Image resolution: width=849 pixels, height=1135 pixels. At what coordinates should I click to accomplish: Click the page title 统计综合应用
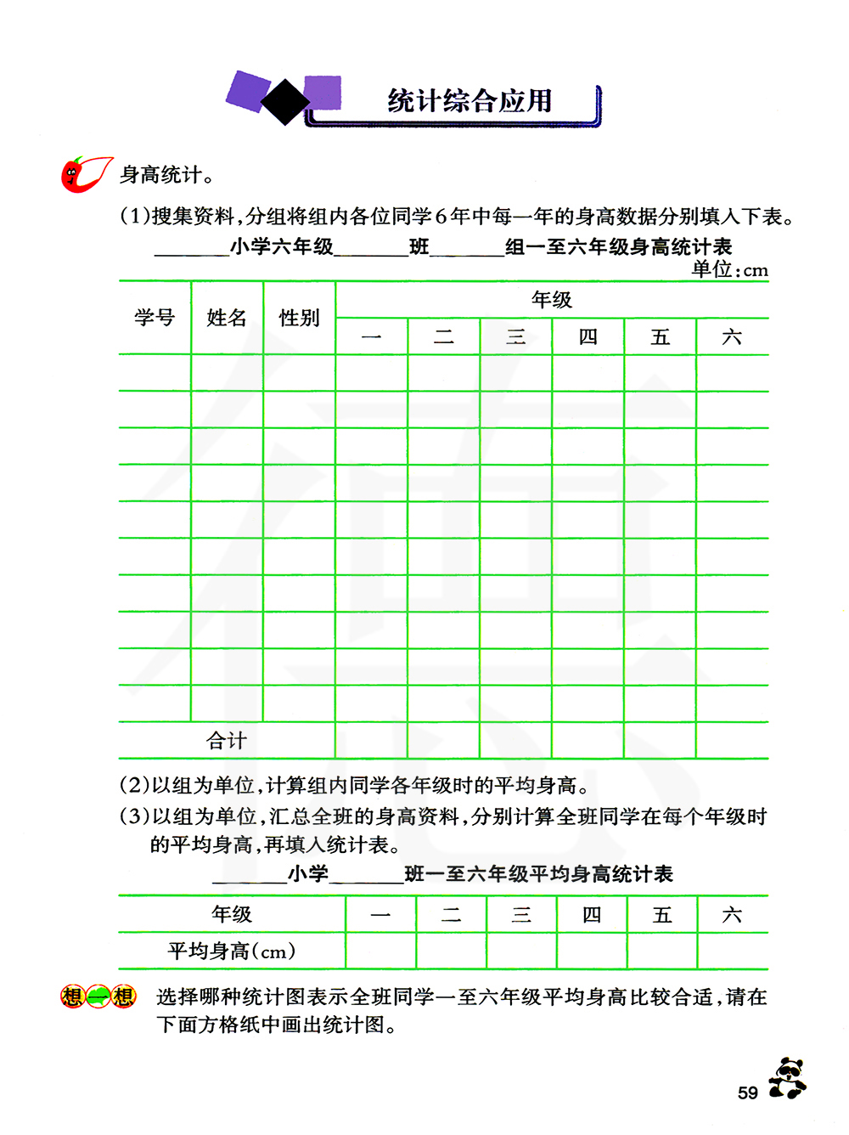coord(469,101)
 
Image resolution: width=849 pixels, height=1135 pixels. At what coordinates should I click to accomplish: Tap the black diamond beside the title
coord(285,102)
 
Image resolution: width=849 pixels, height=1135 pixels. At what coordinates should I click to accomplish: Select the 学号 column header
coord(155,318)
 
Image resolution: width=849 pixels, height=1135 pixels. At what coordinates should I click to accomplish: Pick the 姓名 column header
coord(227,318)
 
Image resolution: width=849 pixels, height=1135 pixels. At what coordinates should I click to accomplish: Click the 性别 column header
coord(299,318)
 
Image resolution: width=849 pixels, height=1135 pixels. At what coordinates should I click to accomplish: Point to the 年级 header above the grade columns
coord(552,299)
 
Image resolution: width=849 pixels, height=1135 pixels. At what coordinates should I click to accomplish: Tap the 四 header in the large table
coord(588,337)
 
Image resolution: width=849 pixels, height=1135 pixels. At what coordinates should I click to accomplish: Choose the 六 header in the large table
coord(732,337)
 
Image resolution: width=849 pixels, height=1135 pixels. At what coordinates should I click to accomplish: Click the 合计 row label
coord(227,741)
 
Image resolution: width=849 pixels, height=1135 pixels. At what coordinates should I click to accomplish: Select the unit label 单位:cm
coord(729,270)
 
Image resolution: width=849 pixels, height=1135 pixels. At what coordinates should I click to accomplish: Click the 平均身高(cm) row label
coord(231,951)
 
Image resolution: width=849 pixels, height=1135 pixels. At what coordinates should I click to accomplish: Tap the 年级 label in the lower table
coord(232,914)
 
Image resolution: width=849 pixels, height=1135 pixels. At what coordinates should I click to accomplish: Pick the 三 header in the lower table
coord(521,915)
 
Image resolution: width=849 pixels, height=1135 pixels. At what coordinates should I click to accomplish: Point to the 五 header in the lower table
coord(662,915)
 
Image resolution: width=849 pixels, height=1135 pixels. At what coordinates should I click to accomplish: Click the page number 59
coord(747,1093)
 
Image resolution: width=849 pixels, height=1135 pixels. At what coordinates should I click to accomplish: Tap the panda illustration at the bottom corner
coord(788,1078)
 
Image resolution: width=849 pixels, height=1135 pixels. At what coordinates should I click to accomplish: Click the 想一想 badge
coord(98,997)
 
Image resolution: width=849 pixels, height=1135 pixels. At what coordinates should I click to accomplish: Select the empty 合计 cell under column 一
coord(371,741)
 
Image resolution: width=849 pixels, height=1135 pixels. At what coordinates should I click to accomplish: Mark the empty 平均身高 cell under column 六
coord(733,951)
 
